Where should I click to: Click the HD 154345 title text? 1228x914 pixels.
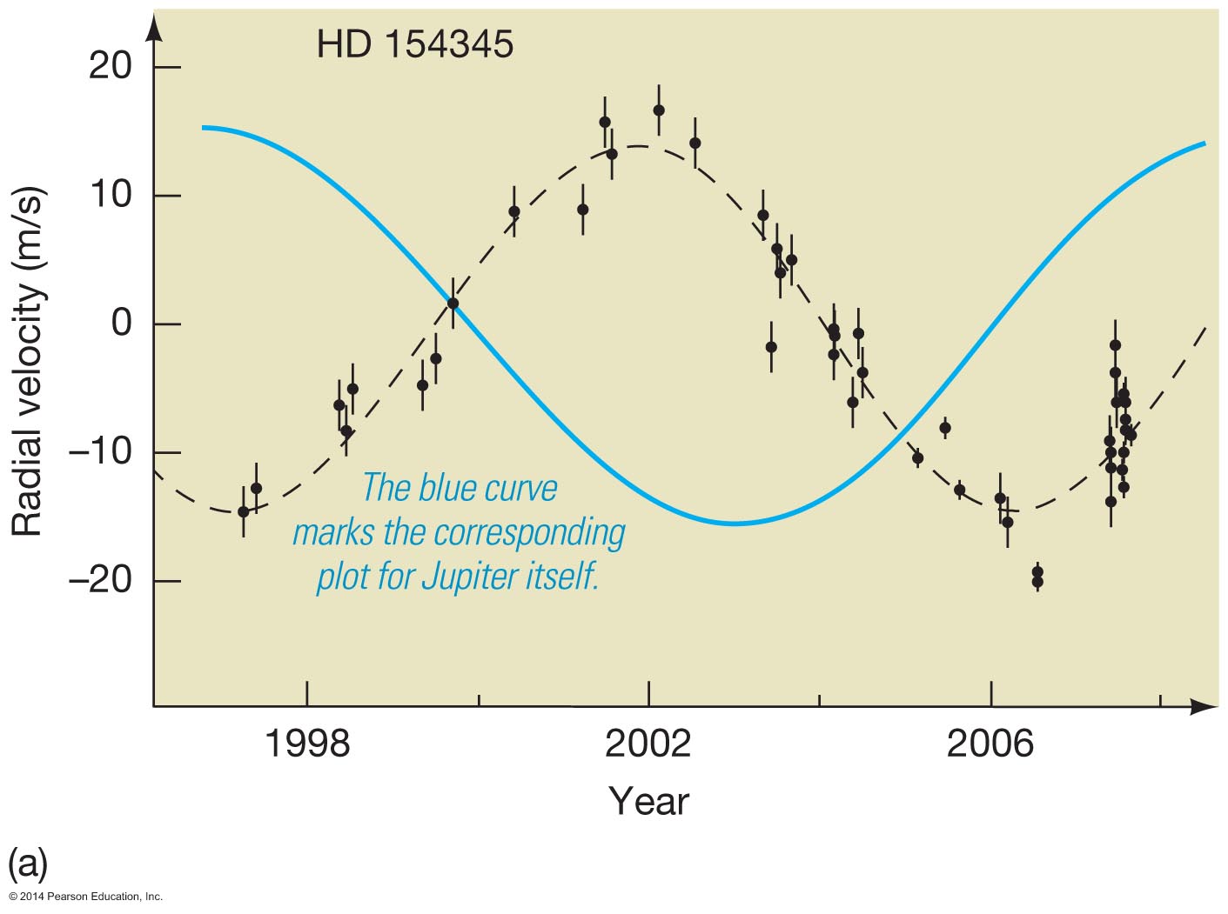tap(414, 44)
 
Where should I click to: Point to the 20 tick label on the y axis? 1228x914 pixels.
tap(110, 66)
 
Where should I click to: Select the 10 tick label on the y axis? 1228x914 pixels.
tap(110, 195)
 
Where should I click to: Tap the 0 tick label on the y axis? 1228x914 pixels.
tap(122, 324)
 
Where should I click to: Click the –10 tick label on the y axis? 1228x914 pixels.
tap(99, 452)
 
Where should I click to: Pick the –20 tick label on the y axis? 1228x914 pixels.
tap(99, 580)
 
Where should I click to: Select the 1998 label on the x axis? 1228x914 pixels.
tap(306, 744)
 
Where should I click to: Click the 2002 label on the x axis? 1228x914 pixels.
tap(648, 744)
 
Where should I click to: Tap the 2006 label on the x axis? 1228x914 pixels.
tap(990, 744)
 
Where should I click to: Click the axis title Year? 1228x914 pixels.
tap(648, 801)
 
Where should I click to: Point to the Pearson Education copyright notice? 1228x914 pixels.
tap(86, 897)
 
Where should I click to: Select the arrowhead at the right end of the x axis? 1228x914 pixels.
tap(1205, 706)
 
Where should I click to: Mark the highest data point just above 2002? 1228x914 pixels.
tap(659, 110)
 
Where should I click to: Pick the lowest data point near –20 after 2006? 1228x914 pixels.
tap(1037, 582)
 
